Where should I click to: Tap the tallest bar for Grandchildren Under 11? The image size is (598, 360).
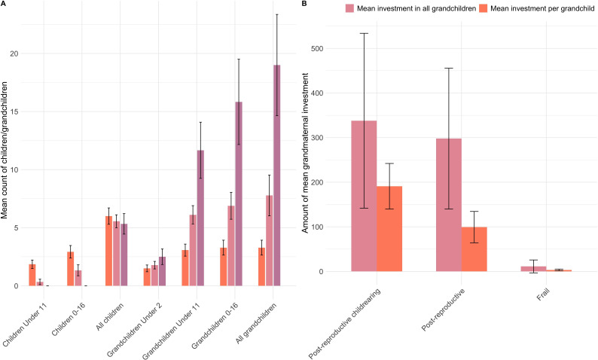[200, 218]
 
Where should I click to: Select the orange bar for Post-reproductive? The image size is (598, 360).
[474, 249]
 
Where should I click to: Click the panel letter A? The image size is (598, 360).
[4, 5]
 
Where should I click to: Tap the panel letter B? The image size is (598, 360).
[303, 5]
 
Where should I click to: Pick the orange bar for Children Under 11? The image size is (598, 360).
[32, 275]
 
